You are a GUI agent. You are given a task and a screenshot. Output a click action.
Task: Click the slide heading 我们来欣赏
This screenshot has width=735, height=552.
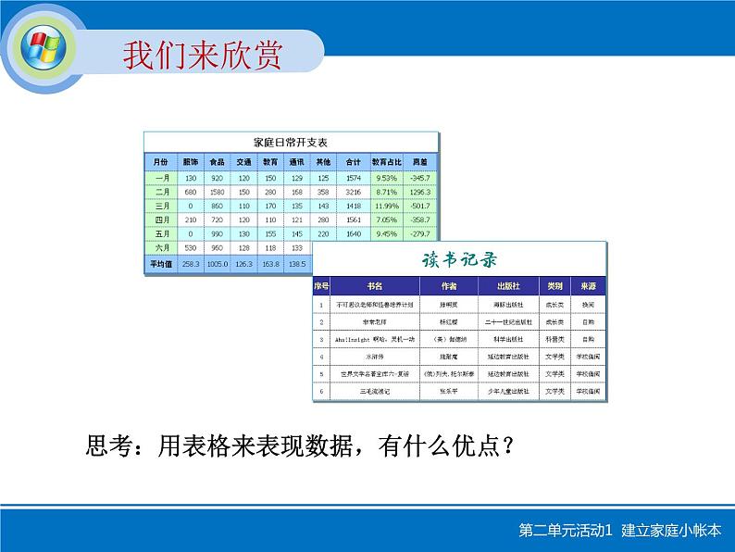click(x=203, y=55)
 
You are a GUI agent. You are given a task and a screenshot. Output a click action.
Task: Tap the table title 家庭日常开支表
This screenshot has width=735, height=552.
click(x=290, y=143)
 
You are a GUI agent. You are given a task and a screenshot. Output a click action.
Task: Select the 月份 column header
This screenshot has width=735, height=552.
click(x=161, y=160)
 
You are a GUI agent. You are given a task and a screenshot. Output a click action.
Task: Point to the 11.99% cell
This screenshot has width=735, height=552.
click(x=385, y=206)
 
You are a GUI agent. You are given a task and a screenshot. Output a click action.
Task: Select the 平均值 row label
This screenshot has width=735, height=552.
click(x=161, y=264)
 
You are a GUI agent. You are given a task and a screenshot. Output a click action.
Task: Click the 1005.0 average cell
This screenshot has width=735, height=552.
click(x=218, y=264)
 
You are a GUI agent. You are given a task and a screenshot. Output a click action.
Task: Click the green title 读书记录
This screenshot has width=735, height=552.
click(x=460, y=258)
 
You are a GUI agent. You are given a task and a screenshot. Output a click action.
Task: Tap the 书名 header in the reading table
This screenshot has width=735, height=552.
click(x=375, y=286)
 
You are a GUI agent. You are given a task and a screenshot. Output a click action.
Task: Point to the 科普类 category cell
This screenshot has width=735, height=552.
click(x=555, y=339)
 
